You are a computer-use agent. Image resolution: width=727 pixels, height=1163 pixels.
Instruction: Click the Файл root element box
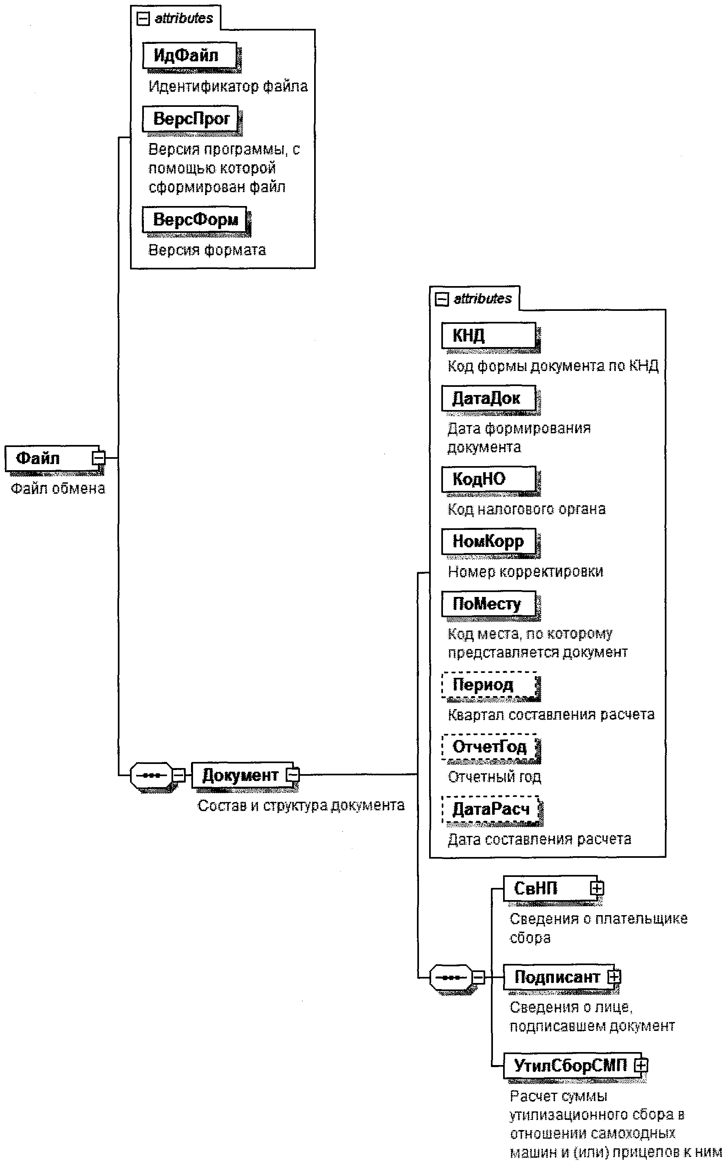pyautogui.click(x=48, y=458)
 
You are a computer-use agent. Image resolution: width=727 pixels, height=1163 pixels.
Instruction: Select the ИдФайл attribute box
pyautogui.click(x=189, y=56)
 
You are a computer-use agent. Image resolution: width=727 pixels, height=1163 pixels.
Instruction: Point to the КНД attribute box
pyautogui.click(x=488, y=335)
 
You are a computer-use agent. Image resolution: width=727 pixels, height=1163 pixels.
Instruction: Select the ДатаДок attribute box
pyautogui.click(x=488, y=398)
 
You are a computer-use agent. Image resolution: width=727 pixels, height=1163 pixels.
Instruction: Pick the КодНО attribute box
pyautogui.click(x=488, y=479)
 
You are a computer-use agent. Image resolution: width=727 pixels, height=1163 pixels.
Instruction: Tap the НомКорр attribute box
pyautogui.click(x=488, y=541)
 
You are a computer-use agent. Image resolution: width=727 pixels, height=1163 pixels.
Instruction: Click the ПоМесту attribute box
pyautogui.click(x=488, y=604)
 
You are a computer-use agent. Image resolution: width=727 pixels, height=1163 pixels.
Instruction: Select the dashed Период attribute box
pyautogui.click(x=488, y=685)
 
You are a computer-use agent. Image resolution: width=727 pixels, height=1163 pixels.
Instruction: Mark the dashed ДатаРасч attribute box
pyautogui.click(x=490, y=809)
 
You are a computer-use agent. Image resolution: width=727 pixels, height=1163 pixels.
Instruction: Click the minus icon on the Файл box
pyautogui.click(x=99, y=458)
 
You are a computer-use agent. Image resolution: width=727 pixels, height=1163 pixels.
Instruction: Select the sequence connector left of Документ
pyautogui.click(x=152, y=775)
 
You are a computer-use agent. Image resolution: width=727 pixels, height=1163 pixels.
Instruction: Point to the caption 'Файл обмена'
pyautogui.click(x=58, y=489)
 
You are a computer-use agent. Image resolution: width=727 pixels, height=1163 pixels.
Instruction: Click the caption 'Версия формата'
pyautogui.click(x=207, y=250)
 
